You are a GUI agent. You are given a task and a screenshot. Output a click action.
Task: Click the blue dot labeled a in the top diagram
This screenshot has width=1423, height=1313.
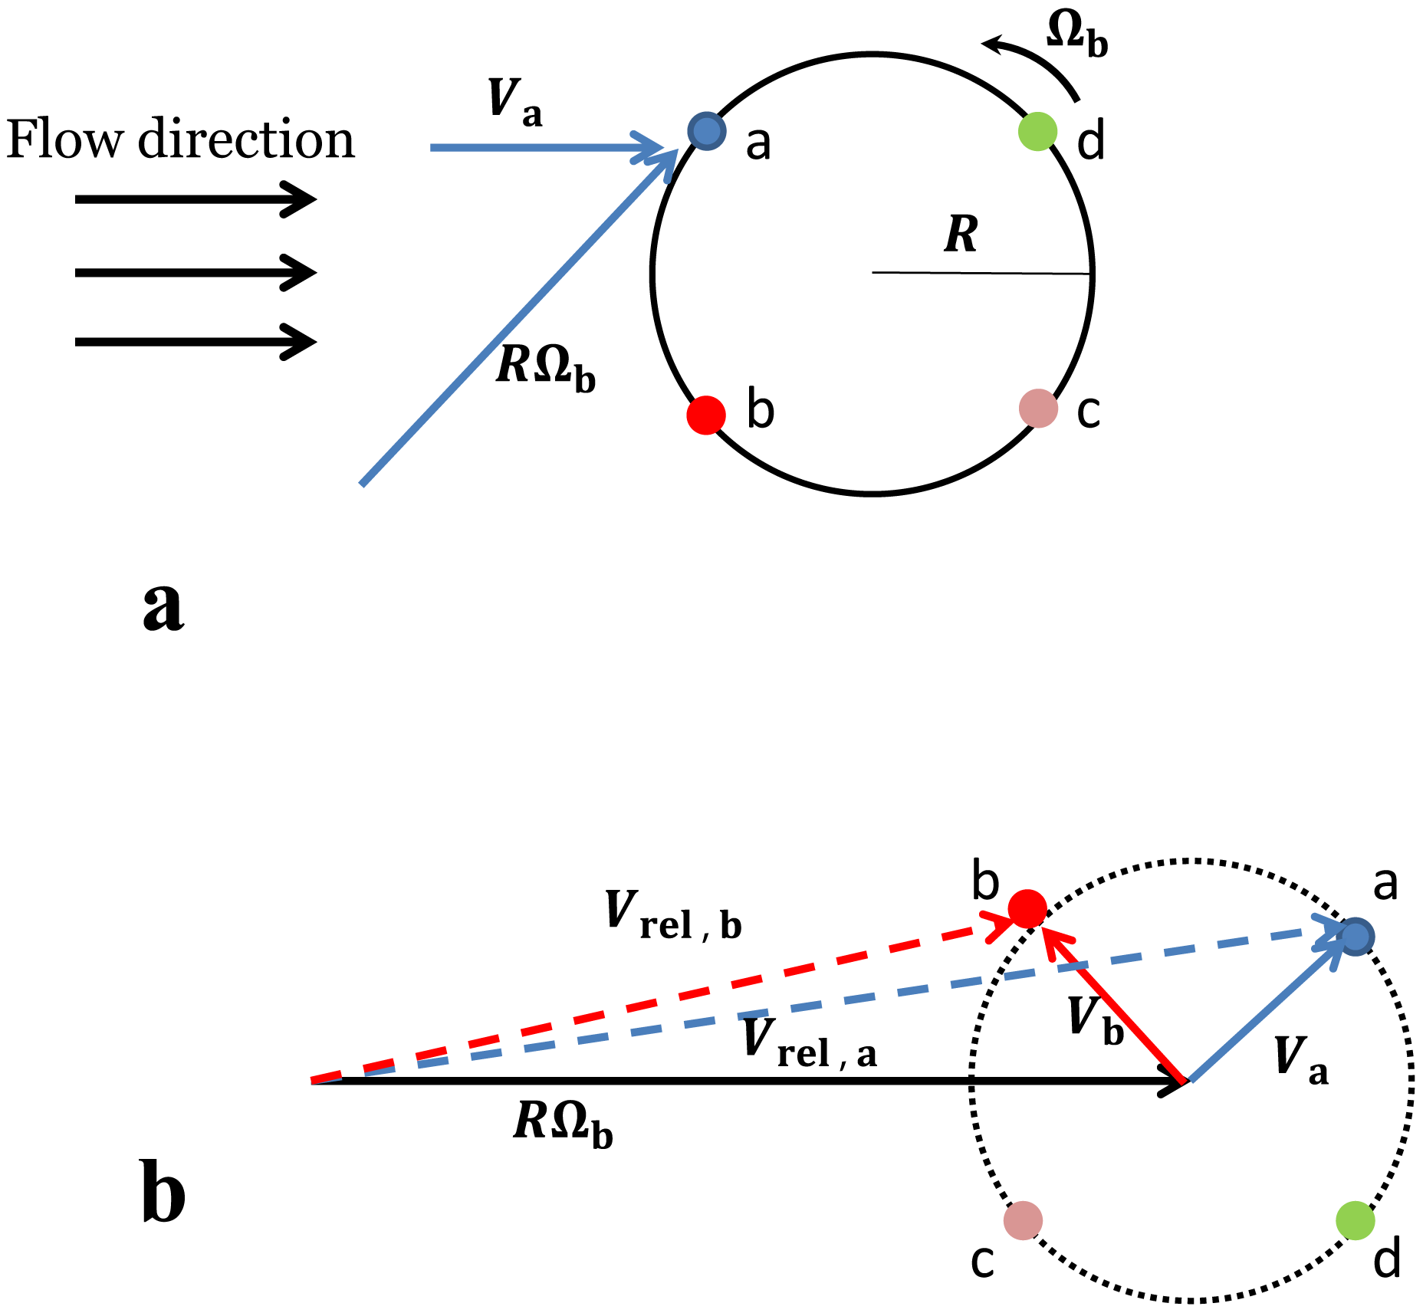click(x=706, y=131)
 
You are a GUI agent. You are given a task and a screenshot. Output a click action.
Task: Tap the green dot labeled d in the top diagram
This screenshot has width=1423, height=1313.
click(x=1037, y=132)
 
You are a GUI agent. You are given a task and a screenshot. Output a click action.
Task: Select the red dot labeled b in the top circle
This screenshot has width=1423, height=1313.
click(x=705, y=415)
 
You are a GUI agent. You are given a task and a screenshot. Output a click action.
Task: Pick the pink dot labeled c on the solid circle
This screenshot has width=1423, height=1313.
click(x=1038, y=408)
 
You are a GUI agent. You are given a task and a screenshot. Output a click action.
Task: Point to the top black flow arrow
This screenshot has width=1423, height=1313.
click(x=196, y=199)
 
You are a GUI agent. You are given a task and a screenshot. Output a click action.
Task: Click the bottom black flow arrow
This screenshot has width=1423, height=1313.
click(x=196, y=341)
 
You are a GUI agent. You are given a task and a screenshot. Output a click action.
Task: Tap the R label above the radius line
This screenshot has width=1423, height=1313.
click(x=961, y=235)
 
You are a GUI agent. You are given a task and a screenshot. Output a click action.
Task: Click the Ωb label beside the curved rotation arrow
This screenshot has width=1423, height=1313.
click(x=1077, y=36)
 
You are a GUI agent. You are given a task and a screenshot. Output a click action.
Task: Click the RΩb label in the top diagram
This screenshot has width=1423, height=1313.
click(x=545, y=369)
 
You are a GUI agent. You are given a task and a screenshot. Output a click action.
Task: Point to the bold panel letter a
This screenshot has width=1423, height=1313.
click(x=163, y=606)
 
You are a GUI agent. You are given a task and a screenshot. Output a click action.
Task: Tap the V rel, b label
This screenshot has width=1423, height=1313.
click(x=673, y=916)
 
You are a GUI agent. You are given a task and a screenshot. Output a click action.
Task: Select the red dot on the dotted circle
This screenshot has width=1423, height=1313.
click(x=1027, y=910)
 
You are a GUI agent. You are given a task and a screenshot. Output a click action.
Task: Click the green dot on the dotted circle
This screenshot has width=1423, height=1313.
click(x=1355, y=1220)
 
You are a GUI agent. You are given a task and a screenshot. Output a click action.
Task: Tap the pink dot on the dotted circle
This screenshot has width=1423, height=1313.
click(x=1023, y=1220)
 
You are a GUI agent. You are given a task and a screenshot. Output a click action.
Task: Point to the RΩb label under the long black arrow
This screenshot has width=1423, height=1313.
click(x=563, y=1125)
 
